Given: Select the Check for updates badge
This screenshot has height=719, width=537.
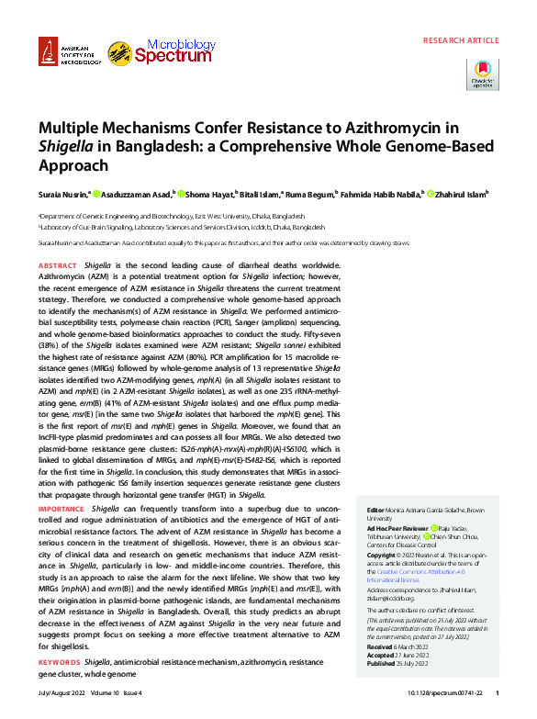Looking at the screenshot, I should click(483, 74).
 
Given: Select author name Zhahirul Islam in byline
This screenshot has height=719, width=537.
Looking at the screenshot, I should click(461, 195).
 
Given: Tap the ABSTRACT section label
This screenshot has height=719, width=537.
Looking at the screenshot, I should click(58, 265).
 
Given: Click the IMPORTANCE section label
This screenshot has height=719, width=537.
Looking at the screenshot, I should click(62, 508).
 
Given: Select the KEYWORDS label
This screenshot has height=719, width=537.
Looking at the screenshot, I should click(60, 662).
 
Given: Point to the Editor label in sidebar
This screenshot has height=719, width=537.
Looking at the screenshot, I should click(375, 509).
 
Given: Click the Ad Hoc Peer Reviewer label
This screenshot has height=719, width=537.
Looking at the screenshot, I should click(397, 530).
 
